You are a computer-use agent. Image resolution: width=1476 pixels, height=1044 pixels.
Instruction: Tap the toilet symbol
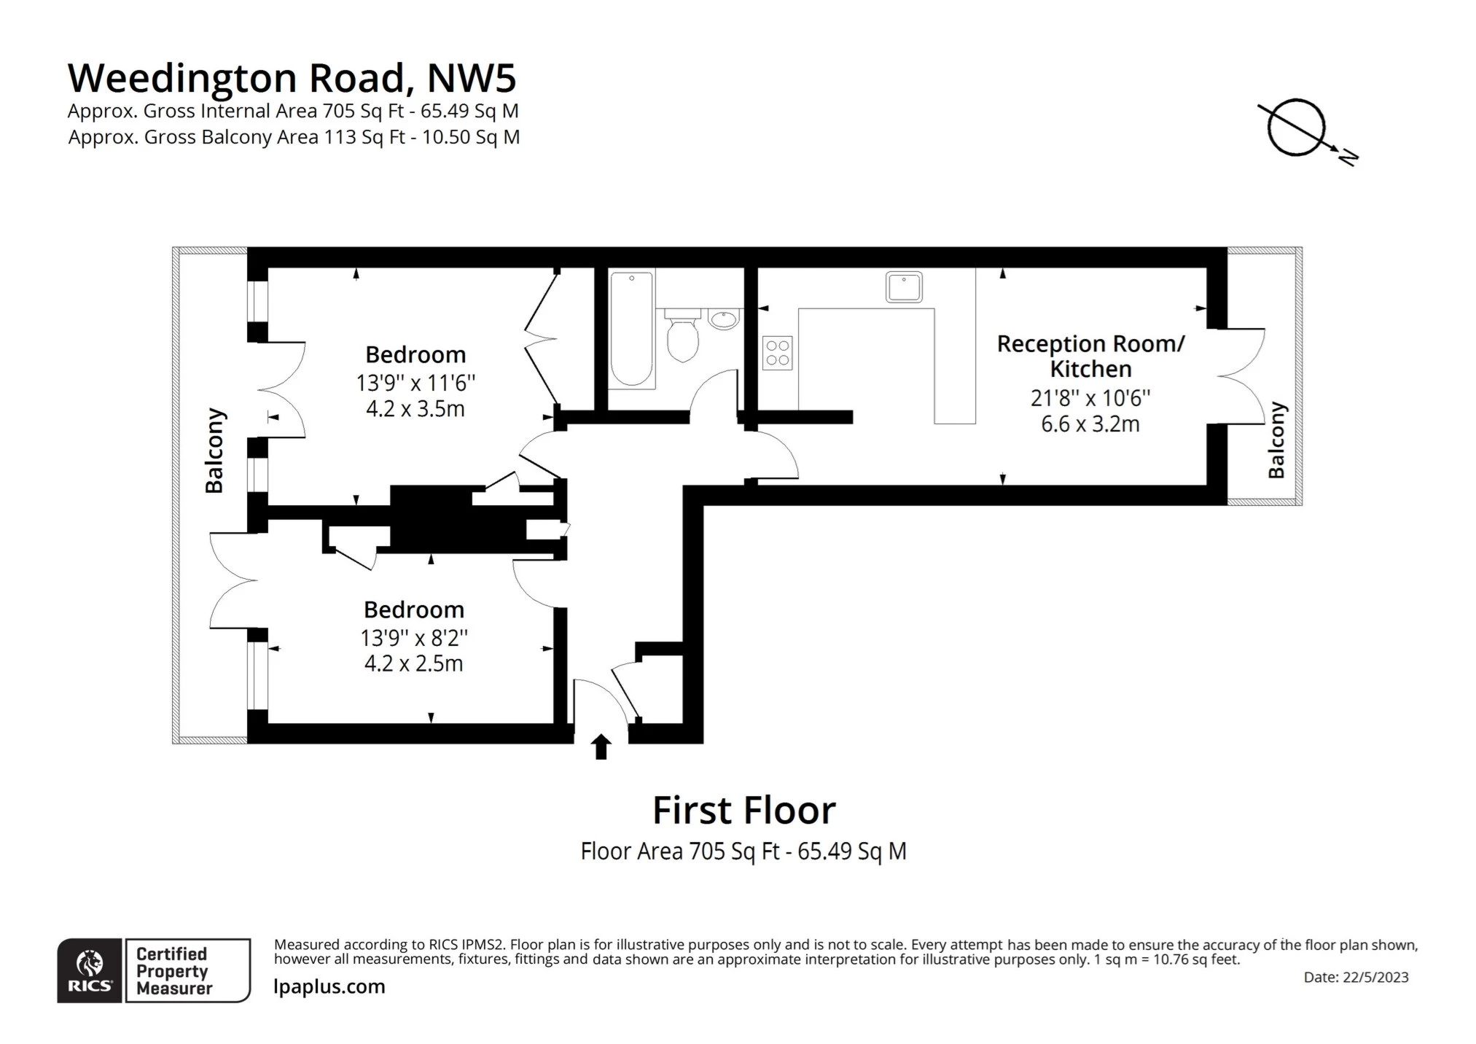pyautogui.click(x=682, y=336)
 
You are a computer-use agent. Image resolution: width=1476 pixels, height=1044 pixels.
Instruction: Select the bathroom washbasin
pyautogui.click(x=723, y=319)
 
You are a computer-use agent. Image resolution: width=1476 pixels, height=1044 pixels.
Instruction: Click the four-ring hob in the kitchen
pyautogui.click(x=777, y=353)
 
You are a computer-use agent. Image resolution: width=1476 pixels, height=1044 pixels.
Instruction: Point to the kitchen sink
pyautogui.click(x=903, y=287)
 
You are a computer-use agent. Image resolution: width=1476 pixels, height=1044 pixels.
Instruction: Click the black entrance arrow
pyautogui.click(x=601, y=747)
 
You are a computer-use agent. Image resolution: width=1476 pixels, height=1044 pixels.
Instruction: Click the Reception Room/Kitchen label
pyautogui.click(x=1090, y=356)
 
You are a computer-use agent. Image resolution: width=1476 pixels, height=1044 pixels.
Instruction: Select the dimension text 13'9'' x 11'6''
pyautogui.click(x=415, y=382)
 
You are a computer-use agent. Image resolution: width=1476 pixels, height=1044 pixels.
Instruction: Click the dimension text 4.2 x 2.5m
pyautogui.click(x=413, y=663)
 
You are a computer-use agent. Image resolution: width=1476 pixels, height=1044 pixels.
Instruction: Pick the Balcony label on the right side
pyautogui.click(x=1276, y=440)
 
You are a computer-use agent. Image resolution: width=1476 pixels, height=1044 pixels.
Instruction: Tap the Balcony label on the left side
pyautogui.click(x=214, y=451)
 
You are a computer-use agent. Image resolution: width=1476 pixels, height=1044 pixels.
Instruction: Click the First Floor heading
pyautogui.click(x=743, y=810)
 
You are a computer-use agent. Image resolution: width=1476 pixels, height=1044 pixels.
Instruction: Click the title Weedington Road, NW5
pyautogui.click(x=292, y=78)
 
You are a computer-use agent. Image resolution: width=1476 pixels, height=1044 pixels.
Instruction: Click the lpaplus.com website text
pyautogui.click(x=329, y=986)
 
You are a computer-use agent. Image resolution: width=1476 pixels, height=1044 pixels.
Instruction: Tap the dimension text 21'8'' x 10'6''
pyautogui.click(x=1090, y=398)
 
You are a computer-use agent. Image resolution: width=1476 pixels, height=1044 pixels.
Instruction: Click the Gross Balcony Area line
pyautogui.click(x=294, y=137)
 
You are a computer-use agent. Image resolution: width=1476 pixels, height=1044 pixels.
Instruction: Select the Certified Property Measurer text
pyautogui.click(x=173, y=971)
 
